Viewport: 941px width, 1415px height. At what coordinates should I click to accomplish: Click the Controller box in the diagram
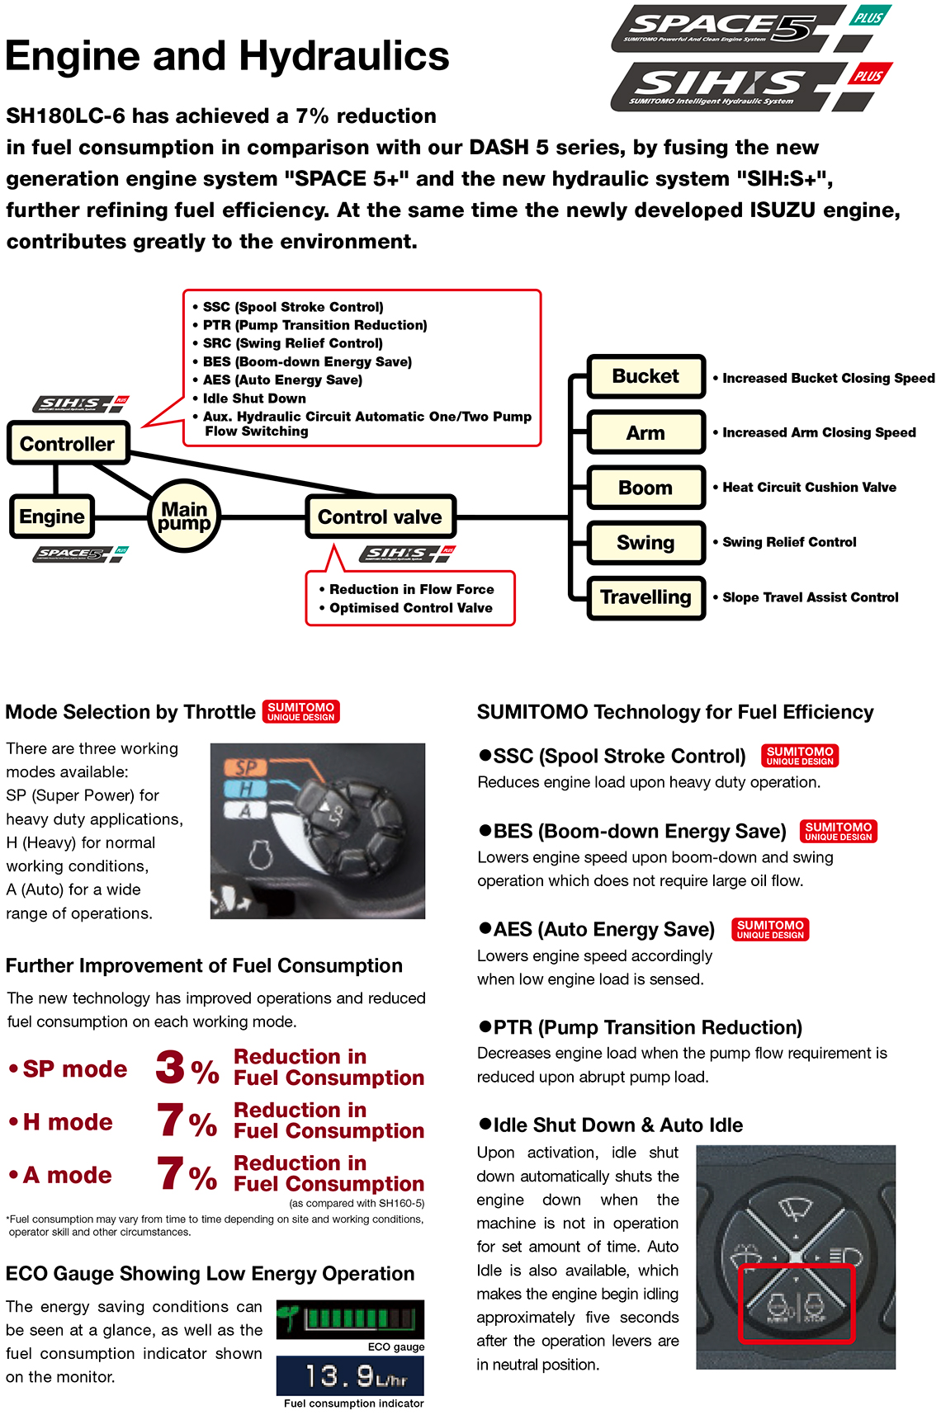point(68,443)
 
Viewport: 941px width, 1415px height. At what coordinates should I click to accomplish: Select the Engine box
point(52,516)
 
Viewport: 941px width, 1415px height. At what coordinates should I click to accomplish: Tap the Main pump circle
point(184,516)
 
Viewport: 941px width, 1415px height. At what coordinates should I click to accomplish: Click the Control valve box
point(380,517)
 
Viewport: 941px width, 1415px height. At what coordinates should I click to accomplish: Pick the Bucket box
point(645,376)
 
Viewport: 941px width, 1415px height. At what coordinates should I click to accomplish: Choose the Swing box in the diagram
point(645,542)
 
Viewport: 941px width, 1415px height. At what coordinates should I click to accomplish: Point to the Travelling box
point(645,597)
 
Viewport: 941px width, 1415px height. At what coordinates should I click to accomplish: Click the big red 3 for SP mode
point(170,1067)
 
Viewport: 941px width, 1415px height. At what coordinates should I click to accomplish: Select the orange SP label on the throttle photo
point(246,767)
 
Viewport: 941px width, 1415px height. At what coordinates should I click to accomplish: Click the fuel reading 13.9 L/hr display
point(351,1376)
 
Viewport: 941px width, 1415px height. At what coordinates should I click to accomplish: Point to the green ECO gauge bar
point(351,1318)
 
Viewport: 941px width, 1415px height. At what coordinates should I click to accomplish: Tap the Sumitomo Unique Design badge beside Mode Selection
point(301,711)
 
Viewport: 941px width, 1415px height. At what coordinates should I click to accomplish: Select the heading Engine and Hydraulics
point(227,56)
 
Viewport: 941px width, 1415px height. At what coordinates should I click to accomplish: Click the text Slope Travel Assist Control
point(810,597)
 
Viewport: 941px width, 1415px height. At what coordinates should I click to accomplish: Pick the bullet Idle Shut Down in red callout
point(254,399)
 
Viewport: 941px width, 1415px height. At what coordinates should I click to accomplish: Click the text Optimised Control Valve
point(410,608)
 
